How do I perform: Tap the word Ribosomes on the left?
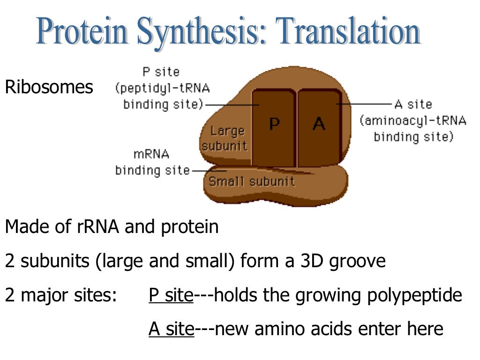[49, 87]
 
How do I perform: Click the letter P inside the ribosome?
[274, 124]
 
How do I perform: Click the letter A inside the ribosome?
[319, 124]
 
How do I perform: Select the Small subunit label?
[252, 181]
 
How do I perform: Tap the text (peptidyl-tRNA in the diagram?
[162, 88]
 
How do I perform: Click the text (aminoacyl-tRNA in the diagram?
[413, 121]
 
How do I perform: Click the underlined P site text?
[171, 295]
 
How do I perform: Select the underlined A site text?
[171, 329]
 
